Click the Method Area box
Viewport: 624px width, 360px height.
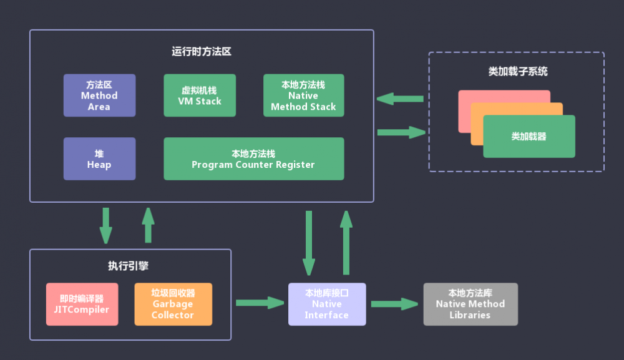(99, 95)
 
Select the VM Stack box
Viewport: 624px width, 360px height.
(200, 95)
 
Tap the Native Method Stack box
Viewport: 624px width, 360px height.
(303, 95)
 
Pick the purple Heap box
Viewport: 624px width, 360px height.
(99, 159)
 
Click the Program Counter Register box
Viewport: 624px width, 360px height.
(253, 159)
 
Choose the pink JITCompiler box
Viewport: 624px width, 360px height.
(82, 304)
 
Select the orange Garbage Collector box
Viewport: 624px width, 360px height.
(173, 304)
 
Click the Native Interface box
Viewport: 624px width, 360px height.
(326, 304)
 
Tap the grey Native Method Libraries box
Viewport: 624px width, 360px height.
(470, 304)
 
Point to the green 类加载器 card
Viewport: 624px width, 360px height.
(529, 137)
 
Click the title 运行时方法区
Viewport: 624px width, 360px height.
(202, 52)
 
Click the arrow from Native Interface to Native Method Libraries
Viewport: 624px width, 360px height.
(394, 304)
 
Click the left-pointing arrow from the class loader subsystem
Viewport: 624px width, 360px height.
(401, 99)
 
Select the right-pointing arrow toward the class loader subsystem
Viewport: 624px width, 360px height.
(401, 132)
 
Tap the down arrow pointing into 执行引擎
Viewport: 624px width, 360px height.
(106, 225)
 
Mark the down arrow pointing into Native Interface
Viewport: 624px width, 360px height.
(308, 242)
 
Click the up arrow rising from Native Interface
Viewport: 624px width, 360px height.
(346, 242)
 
